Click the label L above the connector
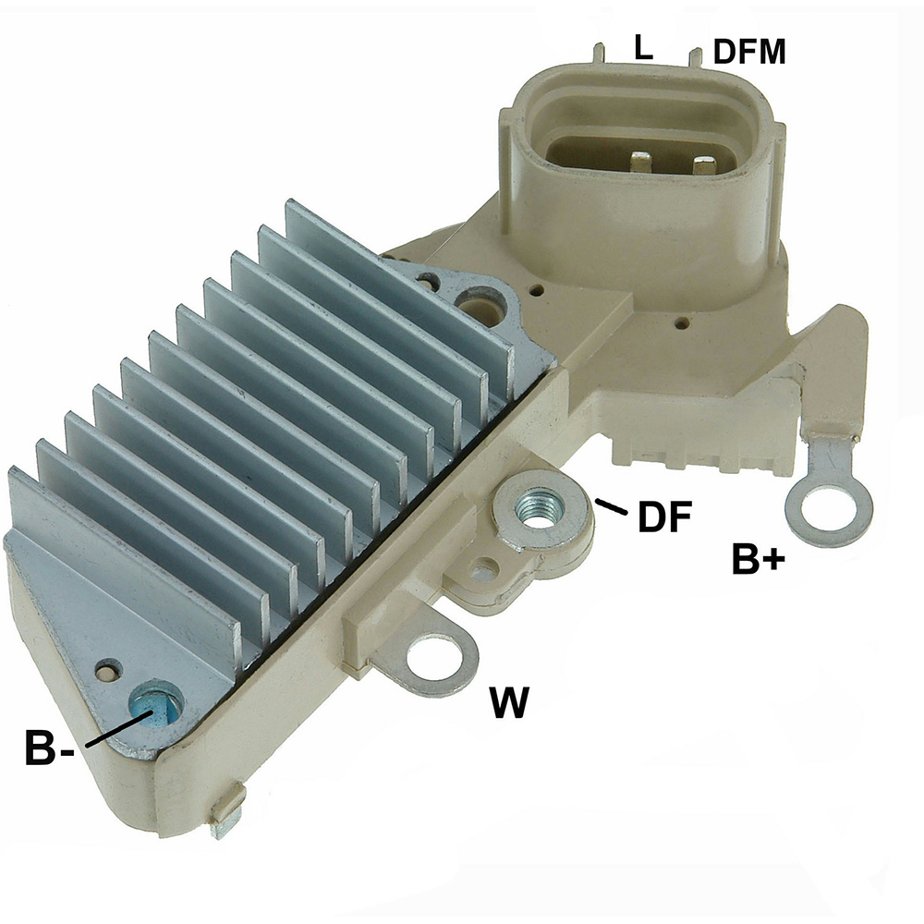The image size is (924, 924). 643,47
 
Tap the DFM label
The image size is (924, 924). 749,52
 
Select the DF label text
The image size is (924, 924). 664,517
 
